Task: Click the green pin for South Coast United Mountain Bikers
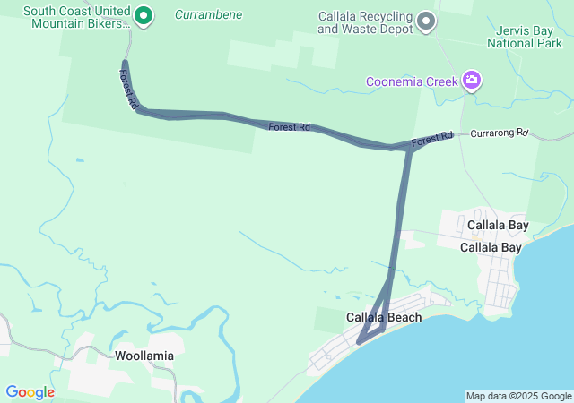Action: click(x=143, y=15)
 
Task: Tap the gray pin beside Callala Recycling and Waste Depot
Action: click(x=427, y=21)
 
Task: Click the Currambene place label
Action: click(x=208, y=15)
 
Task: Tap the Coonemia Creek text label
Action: click(x=412, y=82)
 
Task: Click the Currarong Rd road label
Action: click(x=499, y=133)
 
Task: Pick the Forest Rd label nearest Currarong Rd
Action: click(x=432, y=141)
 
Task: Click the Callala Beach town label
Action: click(x=384, y=317)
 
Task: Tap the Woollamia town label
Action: click(x=144, y=355)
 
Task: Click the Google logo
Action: click(x=30, y=392)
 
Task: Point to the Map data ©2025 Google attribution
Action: click(x=517, y=396)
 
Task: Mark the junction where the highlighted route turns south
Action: click(x=409, y=150)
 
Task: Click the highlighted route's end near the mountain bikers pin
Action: click(x=125, y=63)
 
